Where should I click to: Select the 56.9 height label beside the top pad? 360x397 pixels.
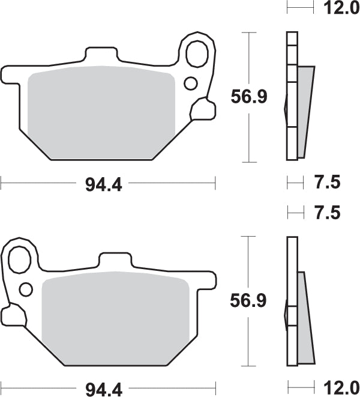250,96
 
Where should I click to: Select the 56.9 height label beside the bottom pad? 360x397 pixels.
250,300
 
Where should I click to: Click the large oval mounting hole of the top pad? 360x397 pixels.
196,54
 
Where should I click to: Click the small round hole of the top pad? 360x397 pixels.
191,82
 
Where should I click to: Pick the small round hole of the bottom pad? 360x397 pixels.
25,289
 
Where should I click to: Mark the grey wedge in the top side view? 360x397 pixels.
305,108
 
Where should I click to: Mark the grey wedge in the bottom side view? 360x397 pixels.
305,315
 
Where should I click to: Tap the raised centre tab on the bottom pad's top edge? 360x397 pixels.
113,261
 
